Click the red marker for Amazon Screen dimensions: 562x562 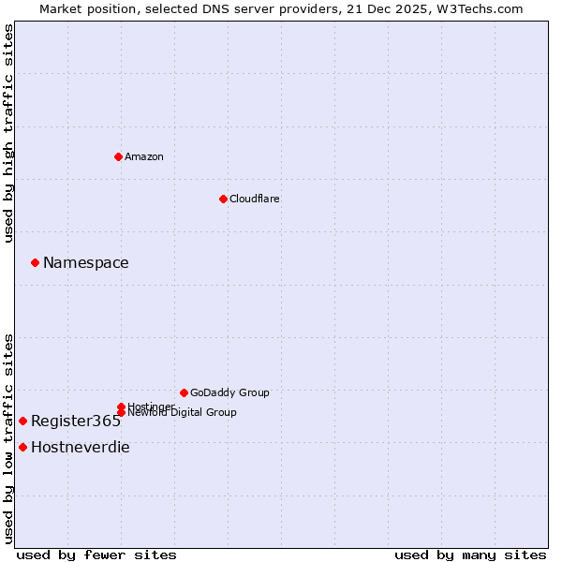tap(118, 156)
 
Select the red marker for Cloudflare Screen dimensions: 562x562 tap(223, 199)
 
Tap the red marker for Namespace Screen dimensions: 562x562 tap(35, 262)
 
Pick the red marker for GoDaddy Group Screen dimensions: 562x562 tap(184, 392)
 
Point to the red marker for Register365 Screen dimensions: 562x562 tap(22, 421)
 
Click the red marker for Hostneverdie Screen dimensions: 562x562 tap(22, 447)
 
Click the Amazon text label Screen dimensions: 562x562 tap(143, 156)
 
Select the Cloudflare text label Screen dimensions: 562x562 tap(254, 199)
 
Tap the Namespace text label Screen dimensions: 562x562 tap(85, 262)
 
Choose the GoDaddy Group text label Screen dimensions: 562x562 tap(229, 392)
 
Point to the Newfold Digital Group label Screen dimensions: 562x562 tap(182, 413)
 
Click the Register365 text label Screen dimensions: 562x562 tap(76, 421)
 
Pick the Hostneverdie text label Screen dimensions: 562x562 tap(80, 447)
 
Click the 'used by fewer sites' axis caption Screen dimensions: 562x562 tap(96, 555)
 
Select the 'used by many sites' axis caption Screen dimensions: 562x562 tap(470, 555)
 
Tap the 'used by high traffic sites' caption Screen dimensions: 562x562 tap(9, 133)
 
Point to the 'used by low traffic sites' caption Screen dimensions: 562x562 tap(9, 437)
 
